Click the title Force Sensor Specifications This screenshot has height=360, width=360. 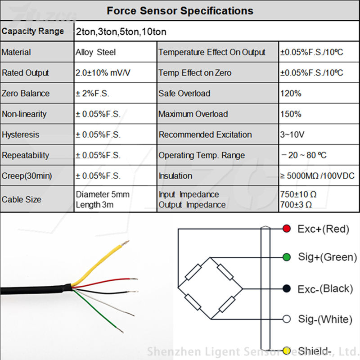point(180,11)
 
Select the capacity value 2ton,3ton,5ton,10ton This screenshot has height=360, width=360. point(121,32)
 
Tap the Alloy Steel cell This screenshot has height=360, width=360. point(95,52)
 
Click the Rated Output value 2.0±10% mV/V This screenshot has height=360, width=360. point(107,73)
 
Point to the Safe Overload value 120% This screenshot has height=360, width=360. point(290,94)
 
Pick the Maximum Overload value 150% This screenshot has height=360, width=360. point(290,114)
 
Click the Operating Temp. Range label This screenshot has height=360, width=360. point(202,155)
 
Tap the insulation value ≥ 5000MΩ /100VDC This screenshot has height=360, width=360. point(317,176)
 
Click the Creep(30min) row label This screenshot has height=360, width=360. point(27,176)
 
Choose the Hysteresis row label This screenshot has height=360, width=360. point(20,135)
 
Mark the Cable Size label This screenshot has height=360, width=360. point(21,199)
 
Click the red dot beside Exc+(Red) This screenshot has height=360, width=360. point(286,229)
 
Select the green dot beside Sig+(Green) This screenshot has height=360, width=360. point(286,257)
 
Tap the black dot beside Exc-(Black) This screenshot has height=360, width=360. point(286,288)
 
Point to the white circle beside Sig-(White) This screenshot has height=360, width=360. point(286,319)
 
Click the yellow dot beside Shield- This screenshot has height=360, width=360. point(286,351)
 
